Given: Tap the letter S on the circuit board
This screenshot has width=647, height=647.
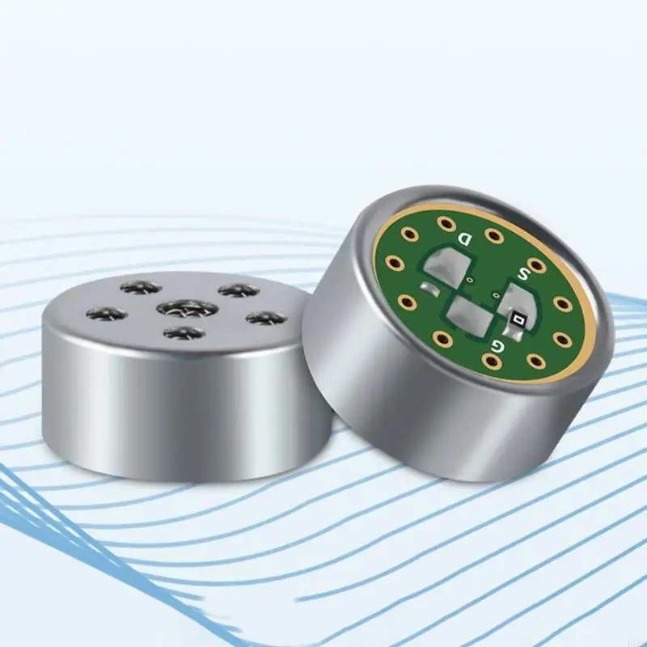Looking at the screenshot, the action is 523,273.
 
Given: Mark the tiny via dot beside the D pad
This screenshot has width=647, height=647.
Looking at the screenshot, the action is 470,280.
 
